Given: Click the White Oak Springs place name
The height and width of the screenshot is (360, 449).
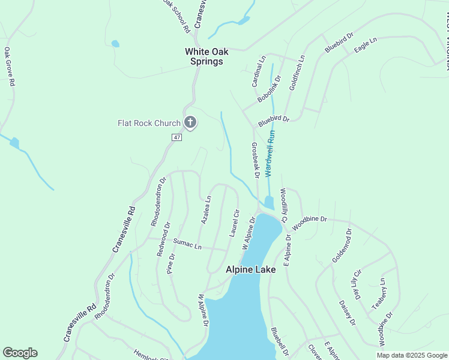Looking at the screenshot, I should [x=204, y=56].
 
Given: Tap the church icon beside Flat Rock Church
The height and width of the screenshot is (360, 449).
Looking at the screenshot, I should [x=190, y=123].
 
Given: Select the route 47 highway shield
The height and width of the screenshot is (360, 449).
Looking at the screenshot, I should [x=176, y=137].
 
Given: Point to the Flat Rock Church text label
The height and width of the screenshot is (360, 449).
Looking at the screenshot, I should [x=149, y=124].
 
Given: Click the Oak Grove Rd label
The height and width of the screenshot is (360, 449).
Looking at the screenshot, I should [x=9, y=67].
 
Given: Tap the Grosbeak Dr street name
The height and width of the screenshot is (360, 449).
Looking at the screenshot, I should [x=255, y=160].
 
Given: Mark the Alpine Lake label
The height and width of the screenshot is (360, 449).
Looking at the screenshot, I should [x=250, y=270].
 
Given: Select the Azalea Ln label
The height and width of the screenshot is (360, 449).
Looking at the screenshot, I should [x=206, y=210].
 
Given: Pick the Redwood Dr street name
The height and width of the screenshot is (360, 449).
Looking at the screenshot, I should [x=164, y=239].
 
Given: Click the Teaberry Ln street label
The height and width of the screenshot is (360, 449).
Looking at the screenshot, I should [x=379, y=294].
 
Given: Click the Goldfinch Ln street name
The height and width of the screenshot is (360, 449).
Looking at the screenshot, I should [x=297, y=73].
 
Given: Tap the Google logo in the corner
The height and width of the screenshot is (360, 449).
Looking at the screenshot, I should [x=20, y=353].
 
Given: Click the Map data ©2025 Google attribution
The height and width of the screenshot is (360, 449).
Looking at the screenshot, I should [x=412, y=356].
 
